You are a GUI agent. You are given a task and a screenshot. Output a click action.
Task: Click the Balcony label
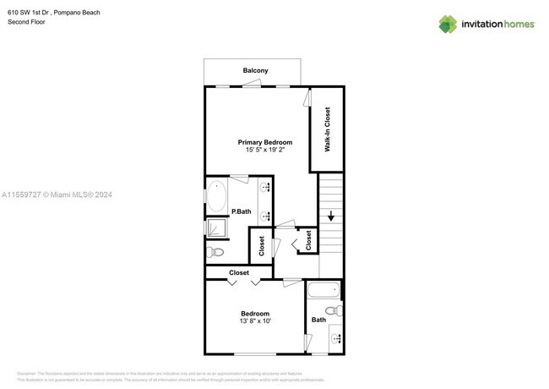click(x=255, y=70)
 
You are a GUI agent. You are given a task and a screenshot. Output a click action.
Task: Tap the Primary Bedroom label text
click(x=264, y=142)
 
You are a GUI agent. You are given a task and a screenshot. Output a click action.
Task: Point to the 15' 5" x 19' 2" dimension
click(x=264, y=151)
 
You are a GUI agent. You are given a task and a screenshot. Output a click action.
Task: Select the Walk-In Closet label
click(x=327, y=129)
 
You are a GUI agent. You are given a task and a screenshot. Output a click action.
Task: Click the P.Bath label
click(x=241, y=211)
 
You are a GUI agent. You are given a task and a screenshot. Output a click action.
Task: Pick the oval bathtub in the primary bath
click(x=217, y=196)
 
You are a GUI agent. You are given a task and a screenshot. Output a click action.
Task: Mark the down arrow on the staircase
click(x=331, y=215)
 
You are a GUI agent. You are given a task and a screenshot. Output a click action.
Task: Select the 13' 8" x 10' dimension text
click(x=254, y=321)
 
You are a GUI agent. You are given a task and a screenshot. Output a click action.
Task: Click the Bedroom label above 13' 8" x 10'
click(x=254, y=313)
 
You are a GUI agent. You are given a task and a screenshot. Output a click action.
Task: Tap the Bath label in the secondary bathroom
click(x=318, y=320)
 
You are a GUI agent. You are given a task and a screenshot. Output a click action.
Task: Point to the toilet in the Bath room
click(x=334, y=312)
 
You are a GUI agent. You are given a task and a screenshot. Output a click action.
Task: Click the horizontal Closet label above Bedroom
click(x=239, y=272)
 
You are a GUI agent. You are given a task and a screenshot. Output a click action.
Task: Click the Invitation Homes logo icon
click(x=448, y=24)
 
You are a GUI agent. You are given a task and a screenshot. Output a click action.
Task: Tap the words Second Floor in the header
click(x=26, y=22)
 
